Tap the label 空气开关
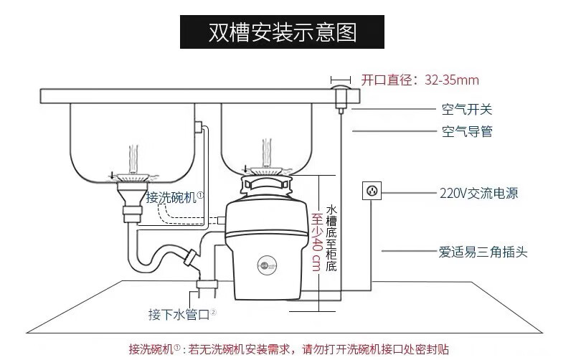tap(466, 110)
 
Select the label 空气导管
tap(466, 132)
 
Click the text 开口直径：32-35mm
tap(420, 80)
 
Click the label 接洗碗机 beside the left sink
tap(175, 196)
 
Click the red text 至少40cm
tap(316, 240)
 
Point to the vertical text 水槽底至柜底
tap(331, 237)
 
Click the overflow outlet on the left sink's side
tap(199, 128)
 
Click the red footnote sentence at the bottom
tap(289, 349)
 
